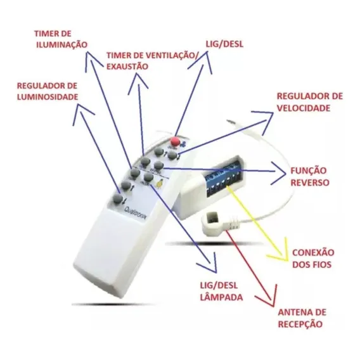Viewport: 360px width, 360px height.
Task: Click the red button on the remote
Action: (x=176, y=141)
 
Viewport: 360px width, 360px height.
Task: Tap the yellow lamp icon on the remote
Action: (x=160, y=183)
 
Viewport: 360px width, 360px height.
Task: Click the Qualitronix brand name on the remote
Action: (x=136, y=212)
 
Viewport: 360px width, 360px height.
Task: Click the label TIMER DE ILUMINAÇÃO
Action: (x=61, y=39)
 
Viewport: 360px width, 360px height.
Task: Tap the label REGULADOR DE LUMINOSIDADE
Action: (x=48, y=91)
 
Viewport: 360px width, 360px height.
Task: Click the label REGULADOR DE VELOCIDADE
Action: (x=310, y=102)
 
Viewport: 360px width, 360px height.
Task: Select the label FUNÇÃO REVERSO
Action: (x=310, y=177)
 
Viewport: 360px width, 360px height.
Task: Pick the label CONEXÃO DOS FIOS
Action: (x=313, y=259)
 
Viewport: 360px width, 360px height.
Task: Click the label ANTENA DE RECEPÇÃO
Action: (x=302, y=318)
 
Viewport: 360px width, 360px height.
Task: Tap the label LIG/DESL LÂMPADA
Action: (x=221, y=292)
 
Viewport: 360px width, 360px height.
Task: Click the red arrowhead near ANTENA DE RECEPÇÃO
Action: (x=271, y=299)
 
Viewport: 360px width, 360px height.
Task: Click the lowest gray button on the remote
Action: (x=117, y=199)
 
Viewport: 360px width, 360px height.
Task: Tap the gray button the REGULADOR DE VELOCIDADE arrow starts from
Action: (x=172, y=155)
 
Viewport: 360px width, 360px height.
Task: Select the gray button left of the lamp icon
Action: (x=148, y=177)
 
